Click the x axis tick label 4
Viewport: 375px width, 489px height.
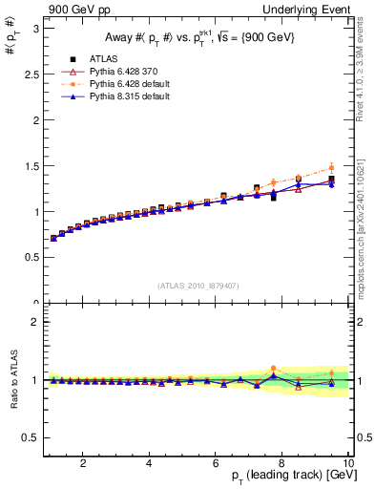point(150,463)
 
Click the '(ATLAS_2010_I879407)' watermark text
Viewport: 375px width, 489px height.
point(198,285)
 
